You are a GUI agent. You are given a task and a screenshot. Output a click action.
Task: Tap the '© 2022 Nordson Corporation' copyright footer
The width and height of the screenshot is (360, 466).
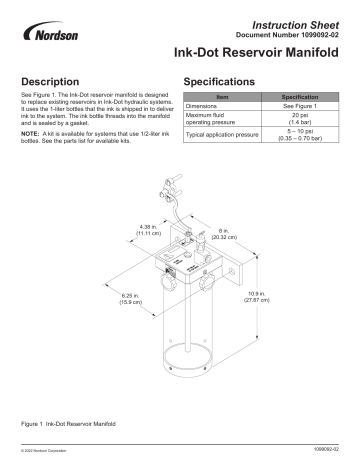click(x=44, y=456)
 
